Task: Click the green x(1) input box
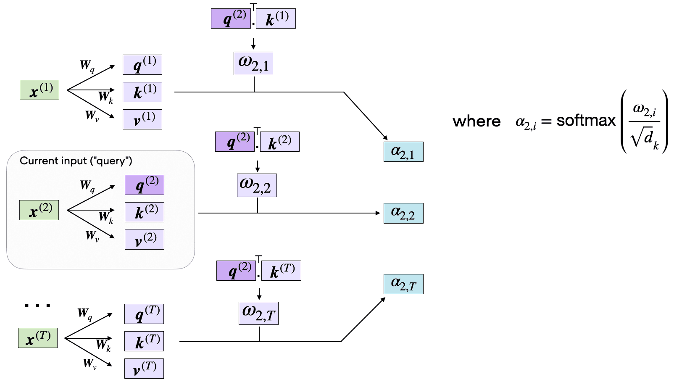(39, 90)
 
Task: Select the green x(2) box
(39, 210)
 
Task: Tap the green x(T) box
(38, 338)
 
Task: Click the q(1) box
(142, 65)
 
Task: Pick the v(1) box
(142, 119)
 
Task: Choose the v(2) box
(145, 240)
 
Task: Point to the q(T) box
(144, 314)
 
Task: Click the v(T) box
(144, 369)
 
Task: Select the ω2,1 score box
(253, 64)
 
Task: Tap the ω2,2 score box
(257, 186)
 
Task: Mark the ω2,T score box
(259, 313)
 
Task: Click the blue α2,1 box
(403, 152)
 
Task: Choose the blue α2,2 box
(403, 213)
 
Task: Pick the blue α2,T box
(403, 284)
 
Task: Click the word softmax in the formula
(586, 121)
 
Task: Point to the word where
(477, 121)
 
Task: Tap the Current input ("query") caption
(76, 161)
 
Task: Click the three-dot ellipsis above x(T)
(37, 306)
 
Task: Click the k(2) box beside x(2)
(145, 212)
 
